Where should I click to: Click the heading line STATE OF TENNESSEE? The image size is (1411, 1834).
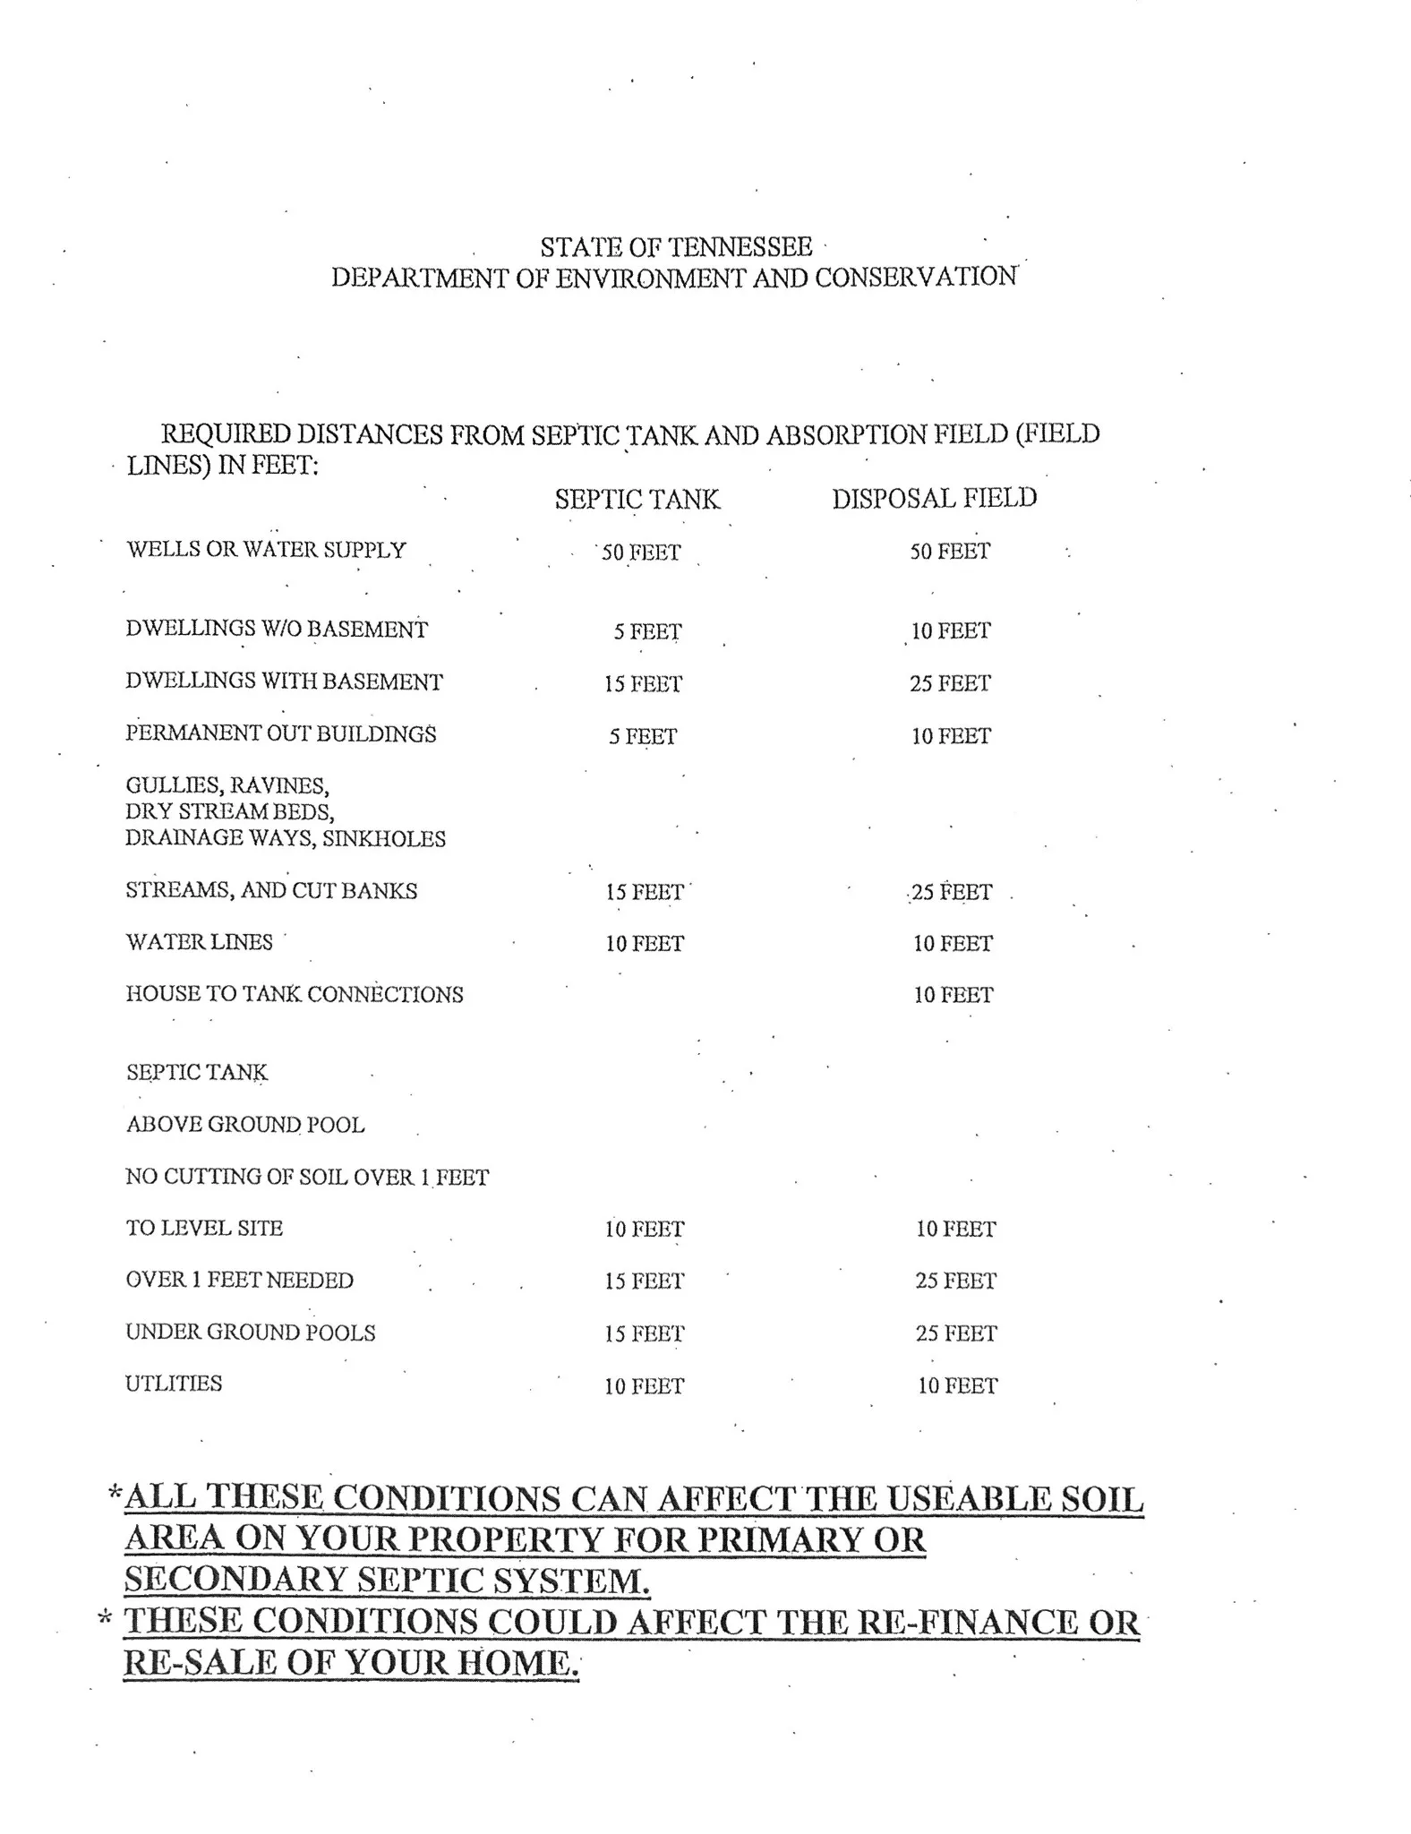click(x=676, y=247)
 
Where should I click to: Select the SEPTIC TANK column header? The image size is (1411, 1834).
click(x=637, y=499)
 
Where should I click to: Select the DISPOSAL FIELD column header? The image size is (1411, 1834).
click(x=934, y=498)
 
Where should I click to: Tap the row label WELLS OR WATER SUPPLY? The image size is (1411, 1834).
click(x=266, y=550)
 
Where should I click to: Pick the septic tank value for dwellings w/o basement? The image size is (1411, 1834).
click(x=646, y=632)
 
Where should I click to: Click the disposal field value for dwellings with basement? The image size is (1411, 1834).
click(x=950, y=684)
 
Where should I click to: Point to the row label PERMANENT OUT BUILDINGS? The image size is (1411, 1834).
click(x=280, y=734)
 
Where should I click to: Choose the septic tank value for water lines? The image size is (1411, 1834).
click(x=644, y=944)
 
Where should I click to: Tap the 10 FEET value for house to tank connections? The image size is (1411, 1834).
click(x=953, y=996)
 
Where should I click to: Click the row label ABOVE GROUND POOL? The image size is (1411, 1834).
click(x=245, y=1125)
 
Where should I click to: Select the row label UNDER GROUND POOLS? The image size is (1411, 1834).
click(x=251, y=1333)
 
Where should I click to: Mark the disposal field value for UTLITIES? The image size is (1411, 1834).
click(x=957, y=1386)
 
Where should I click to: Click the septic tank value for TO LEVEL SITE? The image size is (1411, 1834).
click(x=644, y=1230)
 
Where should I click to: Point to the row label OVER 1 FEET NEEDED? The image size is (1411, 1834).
click(x=239, y=1281)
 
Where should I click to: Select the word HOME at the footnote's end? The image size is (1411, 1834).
click(x=517, y=1663)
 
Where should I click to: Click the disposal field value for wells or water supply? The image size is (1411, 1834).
click(x=950, y=552)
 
